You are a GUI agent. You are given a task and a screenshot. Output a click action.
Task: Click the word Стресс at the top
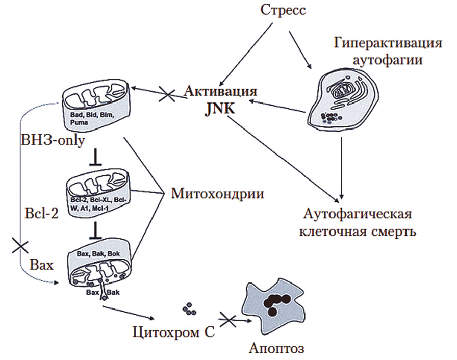tap(283, 10)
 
